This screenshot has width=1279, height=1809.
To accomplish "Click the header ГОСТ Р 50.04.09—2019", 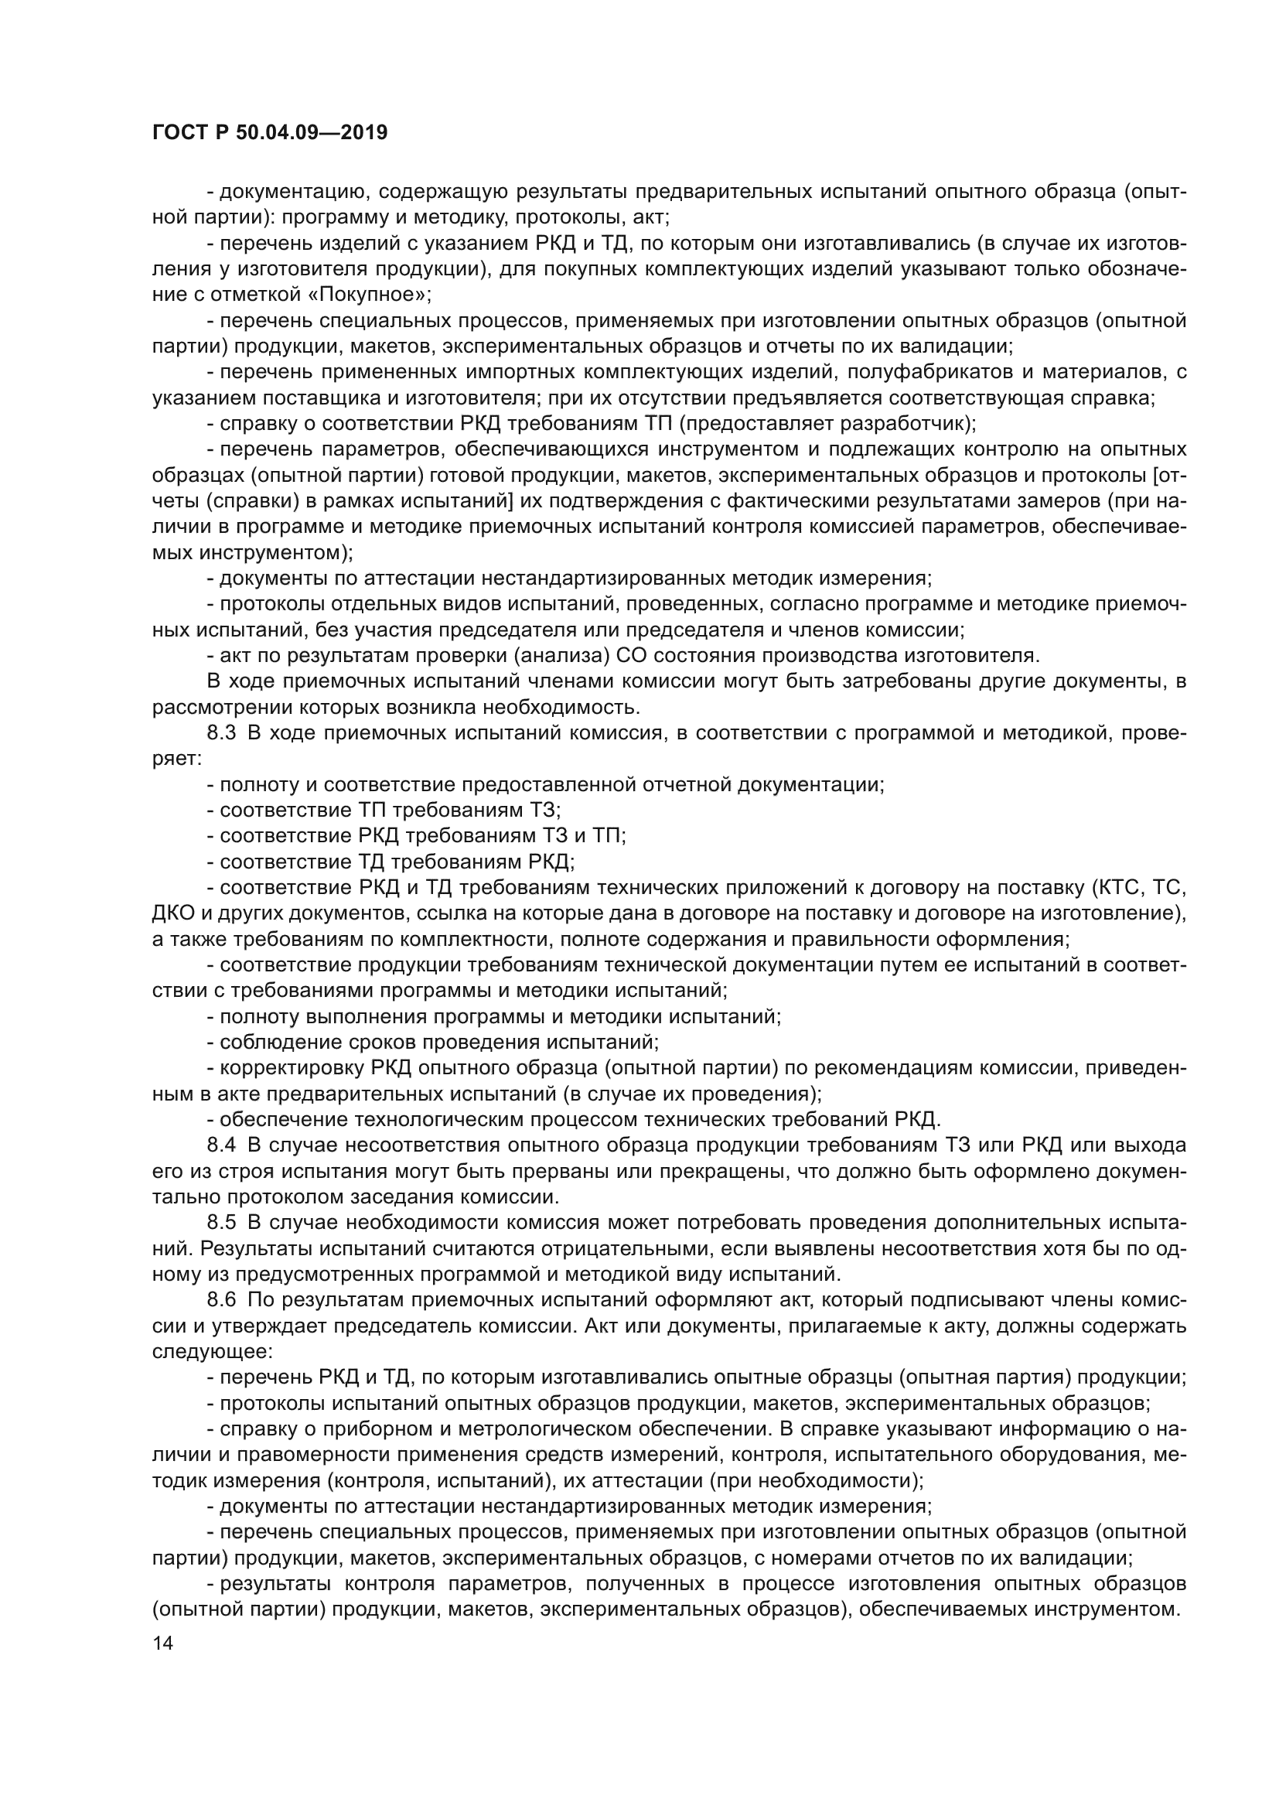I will point(269,132).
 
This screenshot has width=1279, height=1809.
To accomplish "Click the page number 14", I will point(163,1665).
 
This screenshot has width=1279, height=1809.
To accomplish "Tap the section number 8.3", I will point(222,732).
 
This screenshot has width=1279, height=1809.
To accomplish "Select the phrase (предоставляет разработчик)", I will point(827,424).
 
